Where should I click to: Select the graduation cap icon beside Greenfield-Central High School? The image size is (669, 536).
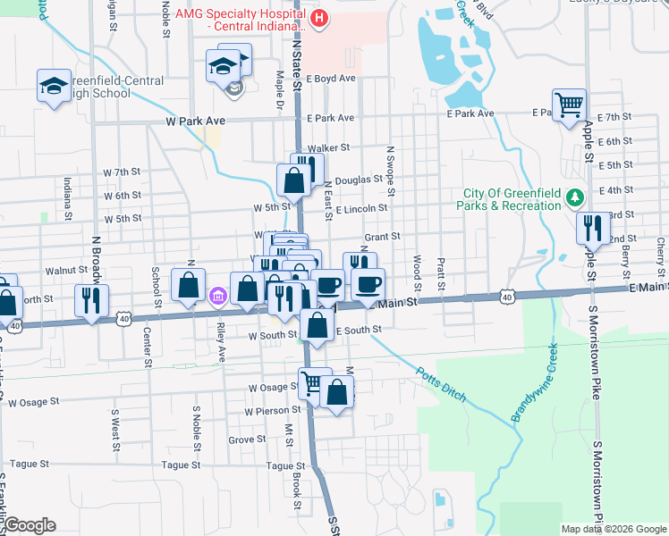[54, 86]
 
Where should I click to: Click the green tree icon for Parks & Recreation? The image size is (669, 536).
[577, 196]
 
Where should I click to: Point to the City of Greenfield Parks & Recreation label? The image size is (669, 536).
[512, 200]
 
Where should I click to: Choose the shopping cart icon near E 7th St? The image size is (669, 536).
[569, 105]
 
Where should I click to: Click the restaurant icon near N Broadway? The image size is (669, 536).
[91, 300]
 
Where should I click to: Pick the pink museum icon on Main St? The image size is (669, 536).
[216, 296]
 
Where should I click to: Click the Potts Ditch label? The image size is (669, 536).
[442, 381]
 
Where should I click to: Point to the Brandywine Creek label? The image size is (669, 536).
[535, 382]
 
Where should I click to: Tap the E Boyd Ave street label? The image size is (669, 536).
[331, 79]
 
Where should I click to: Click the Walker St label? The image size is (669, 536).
[327, 148]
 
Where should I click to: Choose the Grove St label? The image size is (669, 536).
[247, 440]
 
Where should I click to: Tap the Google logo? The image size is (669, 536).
[30, 525]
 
